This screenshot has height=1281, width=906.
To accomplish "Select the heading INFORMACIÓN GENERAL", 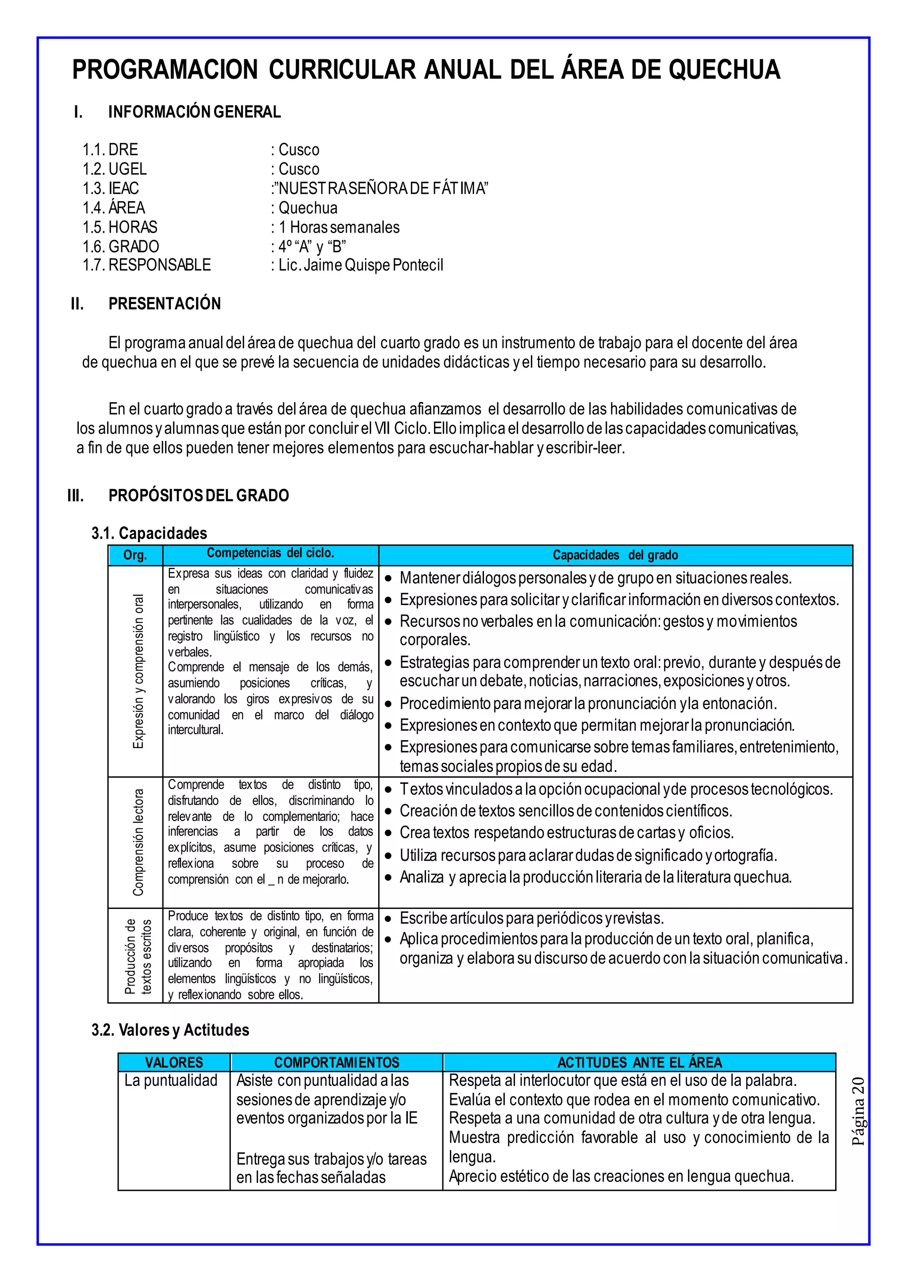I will [x=194, y=112].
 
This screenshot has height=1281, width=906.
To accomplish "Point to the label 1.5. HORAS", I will [x=120, y=227].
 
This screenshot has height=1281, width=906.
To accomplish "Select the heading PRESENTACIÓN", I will [x=165, y=303].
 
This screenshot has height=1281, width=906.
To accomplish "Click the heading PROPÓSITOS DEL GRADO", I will [x=199, y=495].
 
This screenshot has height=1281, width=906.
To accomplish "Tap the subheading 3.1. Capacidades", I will [x=149, y=533].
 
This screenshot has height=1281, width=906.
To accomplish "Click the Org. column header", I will [x=135, y=555].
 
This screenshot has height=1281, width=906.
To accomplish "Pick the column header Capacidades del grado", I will [x=615, y=555].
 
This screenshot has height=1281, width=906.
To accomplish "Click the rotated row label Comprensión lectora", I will [x=138, y=843].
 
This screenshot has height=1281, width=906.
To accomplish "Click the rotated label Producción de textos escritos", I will [x=137, y=956].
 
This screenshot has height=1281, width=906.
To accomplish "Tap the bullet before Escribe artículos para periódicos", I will [x=389, y=919].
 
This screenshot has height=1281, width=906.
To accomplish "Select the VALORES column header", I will [x=174, y=1062].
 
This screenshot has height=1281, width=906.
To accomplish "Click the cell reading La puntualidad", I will [x=171, y=1081].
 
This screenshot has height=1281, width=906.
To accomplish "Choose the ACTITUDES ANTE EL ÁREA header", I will [x=639, y=1062].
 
